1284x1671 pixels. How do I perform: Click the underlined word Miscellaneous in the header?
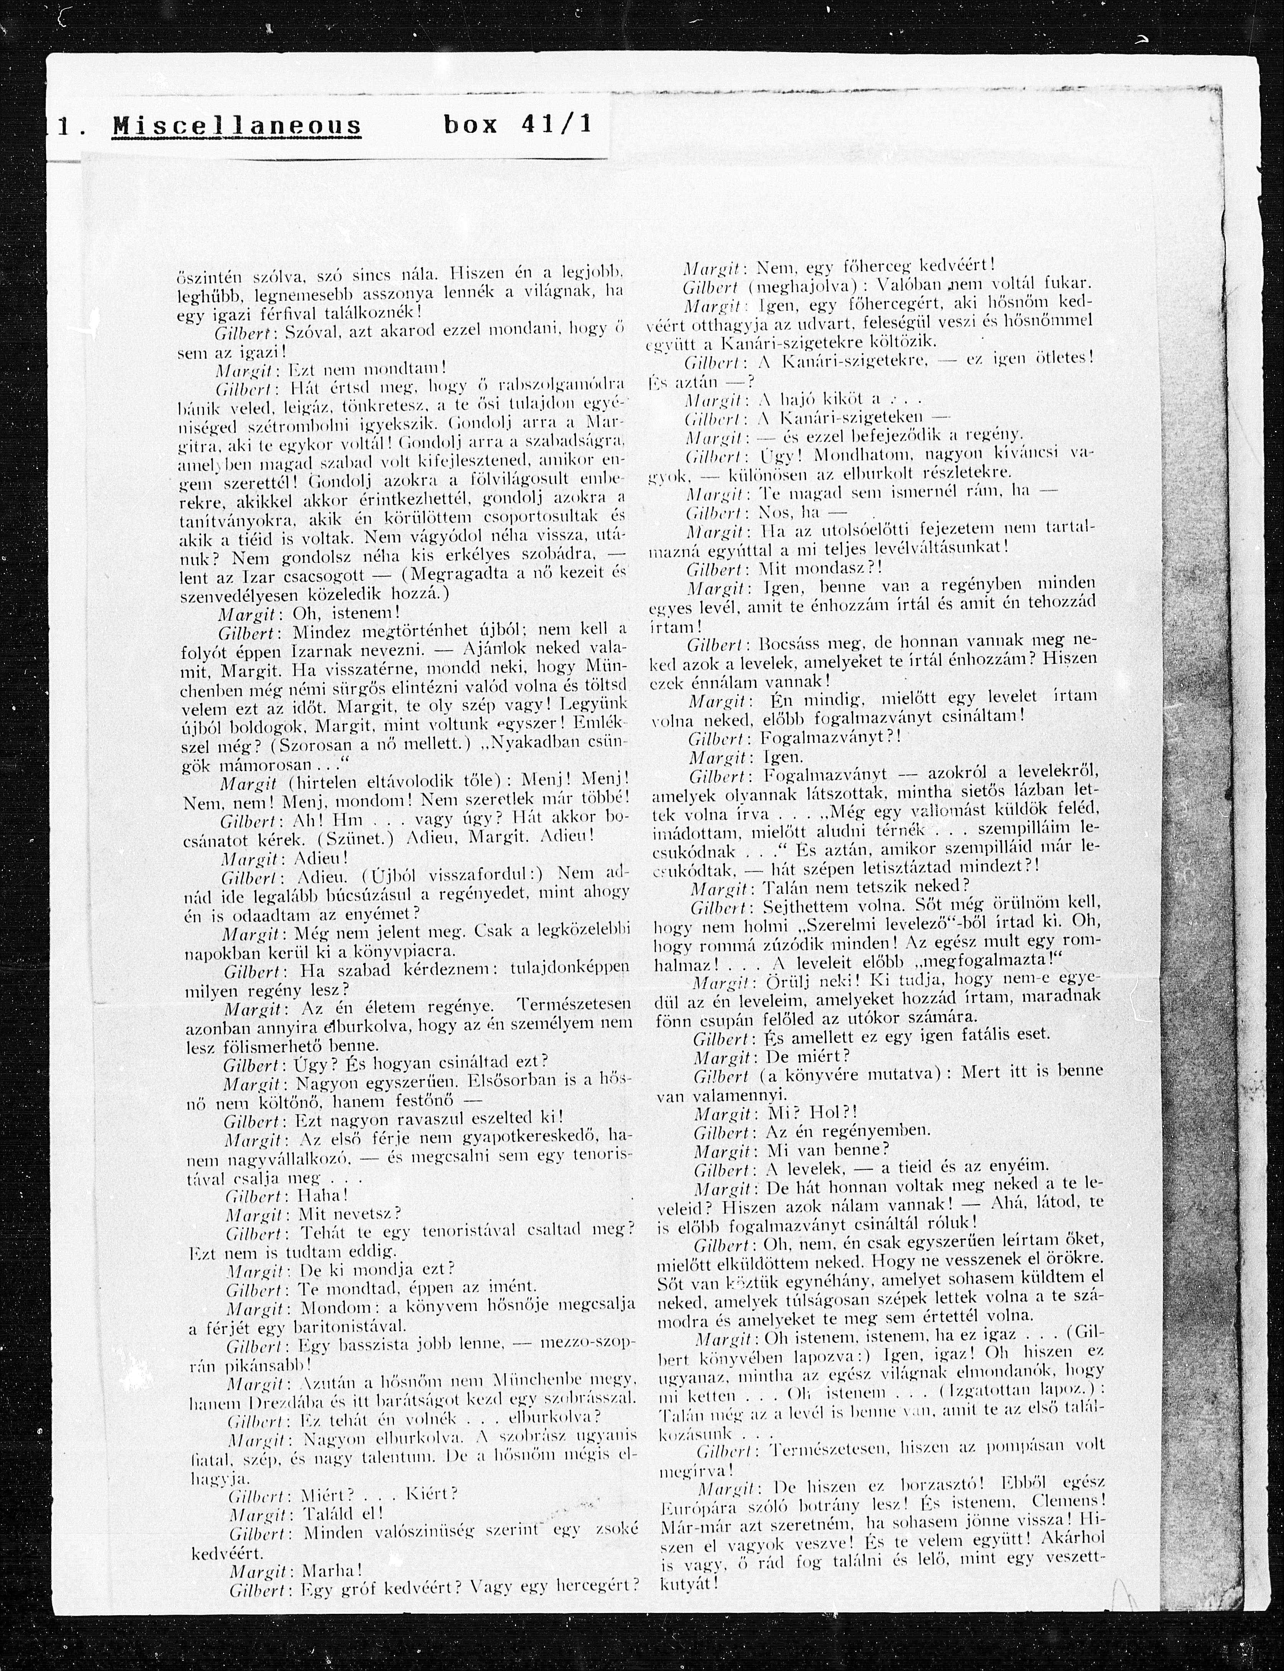point(237,126)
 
